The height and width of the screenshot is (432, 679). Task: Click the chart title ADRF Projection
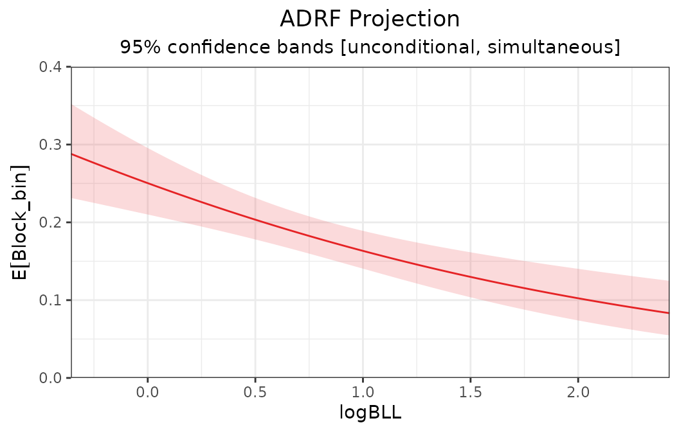pos(370,19)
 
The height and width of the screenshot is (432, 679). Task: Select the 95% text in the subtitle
pos(135,48)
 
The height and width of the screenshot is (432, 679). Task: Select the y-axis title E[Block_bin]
pos(22,222)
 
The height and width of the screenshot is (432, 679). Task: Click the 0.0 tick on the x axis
pos(147,392)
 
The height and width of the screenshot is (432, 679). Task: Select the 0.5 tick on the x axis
pos(255,392)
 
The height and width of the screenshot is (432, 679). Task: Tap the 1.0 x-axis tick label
pos(363,392)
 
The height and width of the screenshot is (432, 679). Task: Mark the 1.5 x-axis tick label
pos(470,392)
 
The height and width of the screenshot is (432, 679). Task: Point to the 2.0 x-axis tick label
pos(578,392)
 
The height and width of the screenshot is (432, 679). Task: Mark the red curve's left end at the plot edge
pos(72,154)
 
